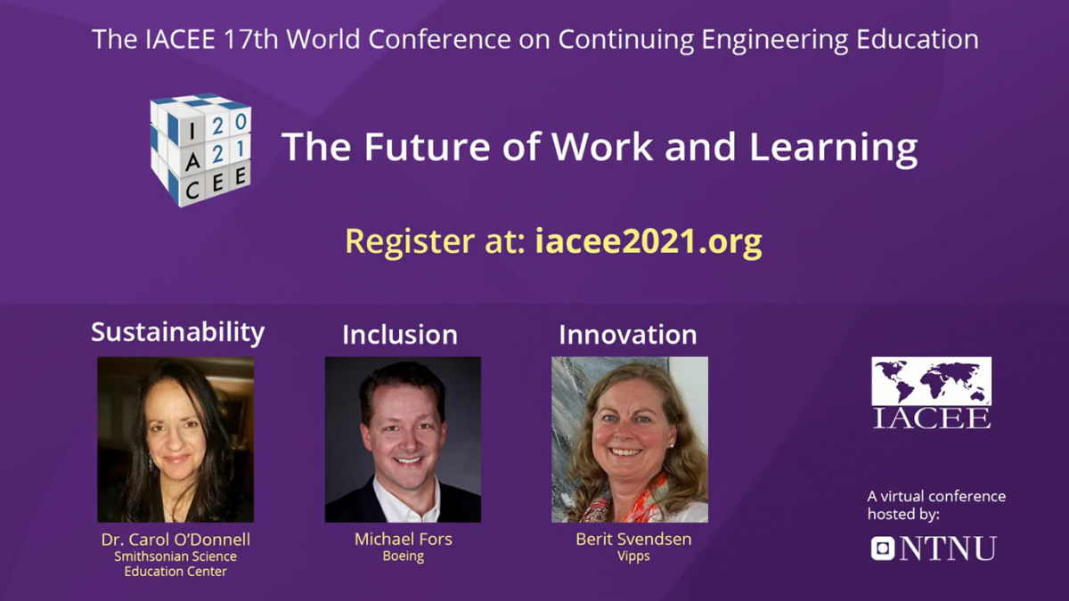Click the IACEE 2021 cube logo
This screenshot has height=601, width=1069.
coord(200,150)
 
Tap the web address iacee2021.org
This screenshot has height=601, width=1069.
coord(649,241)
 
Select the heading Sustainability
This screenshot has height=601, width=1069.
coord(177,332)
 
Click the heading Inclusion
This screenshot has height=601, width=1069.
coord(400,335)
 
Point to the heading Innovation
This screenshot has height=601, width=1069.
coord(627,335)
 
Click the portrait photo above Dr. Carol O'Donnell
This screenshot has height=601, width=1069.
coord(175,439)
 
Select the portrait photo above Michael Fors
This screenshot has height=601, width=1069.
coord(403,439)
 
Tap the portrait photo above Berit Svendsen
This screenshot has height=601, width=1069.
coord(630,439)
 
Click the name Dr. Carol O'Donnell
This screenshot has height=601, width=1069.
coord(175,540)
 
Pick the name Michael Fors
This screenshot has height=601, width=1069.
coord(404,539)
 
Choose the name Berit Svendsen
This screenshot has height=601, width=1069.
coord(633,539)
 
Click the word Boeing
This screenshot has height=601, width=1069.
coord(404,556)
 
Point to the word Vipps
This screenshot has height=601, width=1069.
coord(633,556)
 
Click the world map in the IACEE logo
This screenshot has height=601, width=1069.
coord(932,381)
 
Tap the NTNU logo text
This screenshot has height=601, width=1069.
coord(948,548)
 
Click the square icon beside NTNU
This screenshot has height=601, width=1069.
coord(883,548)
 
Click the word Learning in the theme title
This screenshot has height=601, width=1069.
coord(833,148)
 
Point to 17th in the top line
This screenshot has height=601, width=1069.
coord(250,39)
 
